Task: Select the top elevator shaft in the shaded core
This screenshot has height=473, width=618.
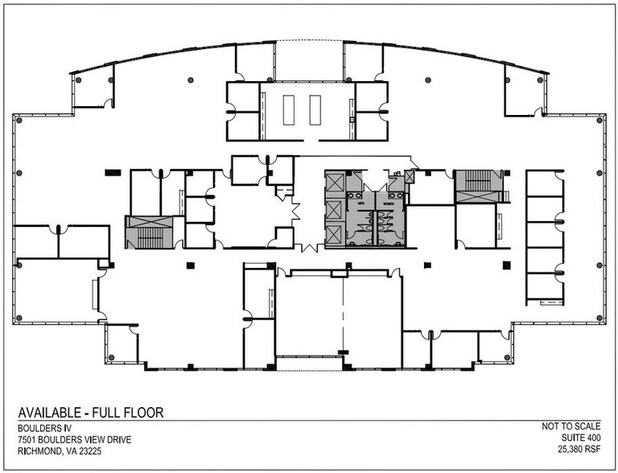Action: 333,184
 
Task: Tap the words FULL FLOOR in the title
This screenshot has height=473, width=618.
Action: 128,413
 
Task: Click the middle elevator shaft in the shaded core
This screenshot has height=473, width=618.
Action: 333,210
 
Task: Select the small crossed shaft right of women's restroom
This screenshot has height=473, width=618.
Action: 411,175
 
